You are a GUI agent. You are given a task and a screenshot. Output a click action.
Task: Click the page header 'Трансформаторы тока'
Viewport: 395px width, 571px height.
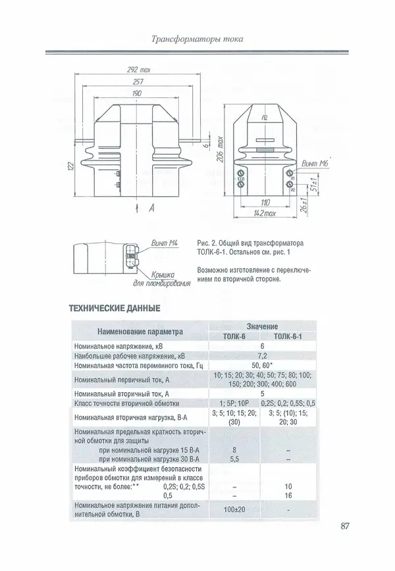[197, 39]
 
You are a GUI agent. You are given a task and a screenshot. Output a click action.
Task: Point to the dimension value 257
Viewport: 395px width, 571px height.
[136, 82]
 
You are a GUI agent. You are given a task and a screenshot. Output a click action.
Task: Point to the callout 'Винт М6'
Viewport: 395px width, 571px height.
[315, 162]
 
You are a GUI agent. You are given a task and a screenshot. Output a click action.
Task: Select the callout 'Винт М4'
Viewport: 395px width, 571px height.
[165, 243]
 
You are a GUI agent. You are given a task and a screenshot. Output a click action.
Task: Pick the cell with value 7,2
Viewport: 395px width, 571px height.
[262, 355]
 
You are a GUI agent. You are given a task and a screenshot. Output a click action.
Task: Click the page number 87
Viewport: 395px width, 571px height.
[349, 526]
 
